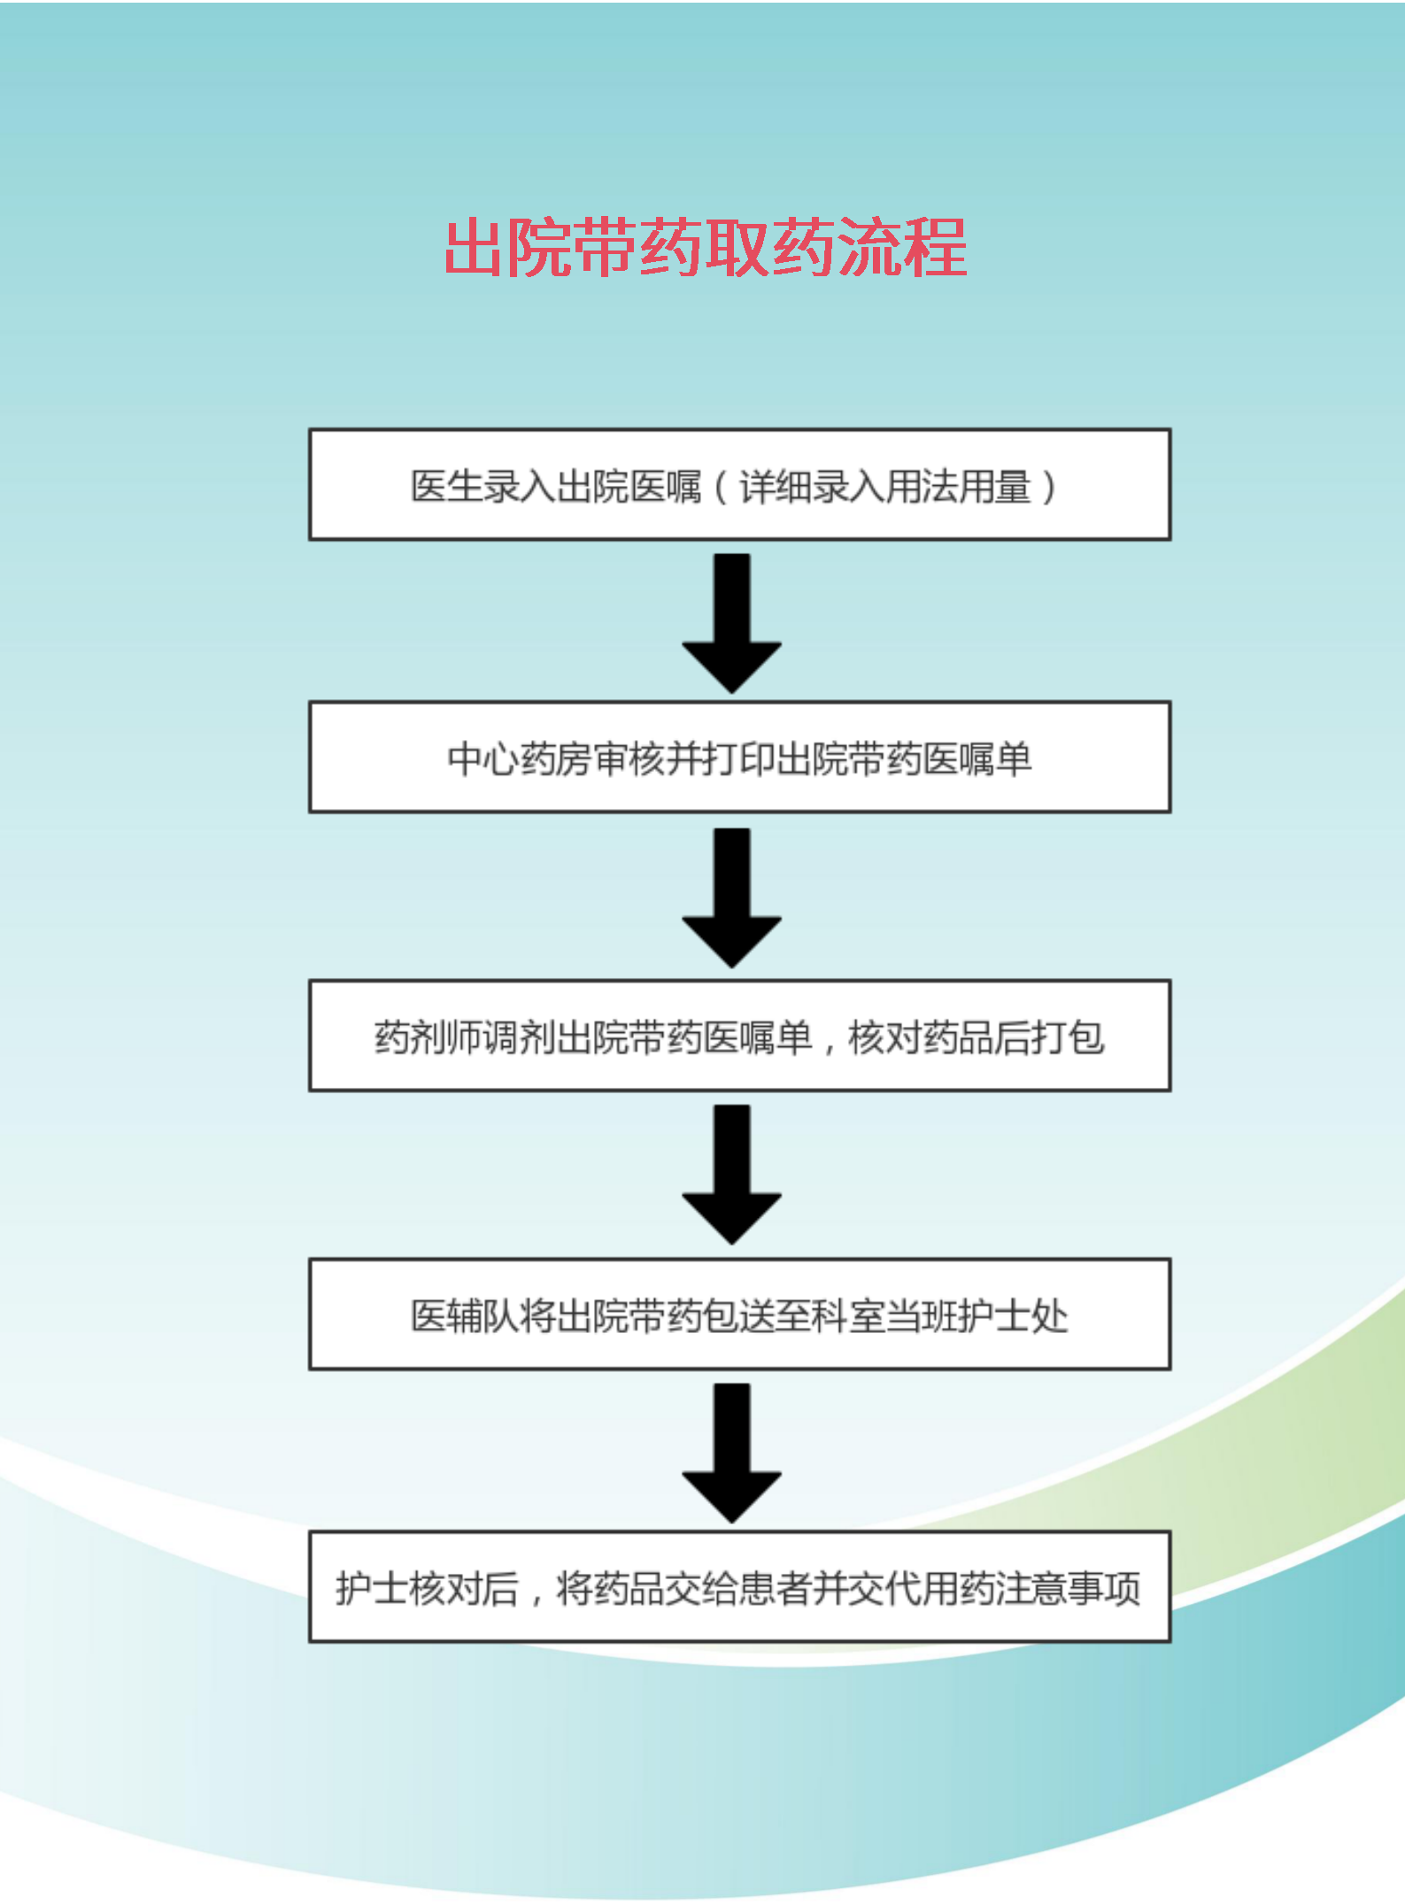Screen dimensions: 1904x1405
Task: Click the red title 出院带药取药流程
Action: point(705,249)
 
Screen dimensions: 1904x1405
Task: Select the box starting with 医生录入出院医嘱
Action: point(739,485)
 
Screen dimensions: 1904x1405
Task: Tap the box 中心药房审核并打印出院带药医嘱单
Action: point(739,758)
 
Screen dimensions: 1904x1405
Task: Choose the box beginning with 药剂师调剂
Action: point(739,1036)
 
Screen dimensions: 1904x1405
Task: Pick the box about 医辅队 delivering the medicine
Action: point(739,1314)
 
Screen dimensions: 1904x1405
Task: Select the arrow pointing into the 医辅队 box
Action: point(731,1174)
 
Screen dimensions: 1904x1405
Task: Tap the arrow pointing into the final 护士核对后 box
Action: point(731,1452)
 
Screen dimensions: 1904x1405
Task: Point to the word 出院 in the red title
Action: point(509,249)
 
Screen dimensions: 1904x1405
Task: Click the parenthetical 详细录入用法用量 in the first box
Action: point(885,487)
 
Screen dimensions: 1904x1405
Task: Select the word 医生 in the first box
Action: point(446,487)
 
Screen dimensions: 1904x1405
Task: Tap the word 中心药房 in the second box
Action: point(521,759)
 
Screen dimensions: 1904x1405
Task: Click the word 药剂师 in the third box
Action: point(428,1037)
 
